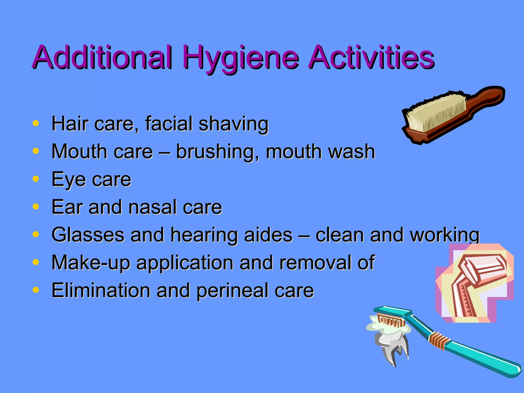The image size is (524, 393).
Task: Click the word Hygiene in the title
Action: (x=241, y=58)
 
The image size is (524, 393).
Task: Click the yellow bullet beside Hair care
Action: (x=36, y=123)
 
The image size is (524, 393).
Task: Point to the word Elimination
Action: (x=101, y=290)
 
